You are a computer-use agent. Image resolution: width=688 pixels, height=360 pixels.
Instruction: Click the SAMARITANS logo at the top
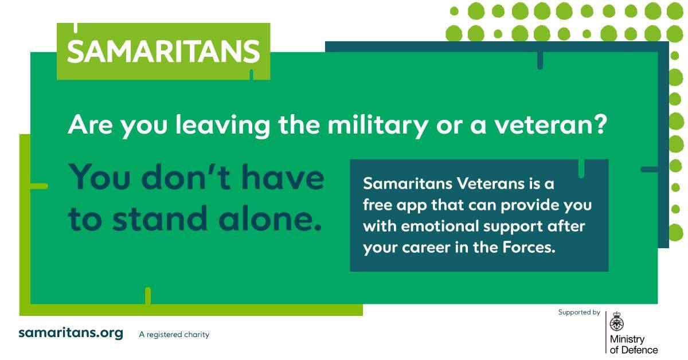163,52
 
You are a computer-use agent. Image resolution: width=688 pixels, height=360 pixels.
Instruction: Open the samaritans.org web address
71,333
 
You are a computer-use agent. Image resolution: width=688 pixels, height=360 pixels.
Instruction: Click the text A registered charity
174,334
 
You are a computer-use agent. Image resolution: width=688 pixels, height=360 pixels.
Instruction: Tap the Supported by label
579,312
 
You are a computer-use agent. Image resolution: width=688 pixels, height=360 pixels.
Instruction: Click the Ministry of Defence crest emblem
617,322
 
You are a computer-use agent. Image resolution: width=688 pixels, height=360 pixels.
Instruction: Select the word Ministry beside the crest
627,340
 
